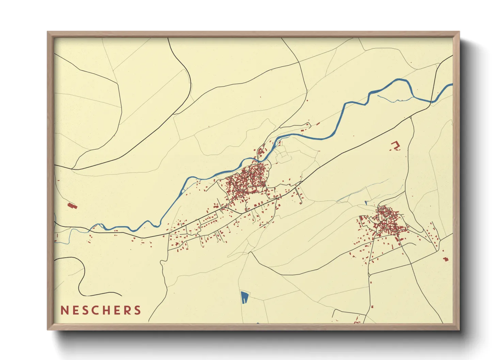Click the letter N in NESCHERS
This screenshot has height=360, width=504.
(64, 310)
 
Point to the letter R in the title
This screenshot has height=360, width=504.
(127, 310)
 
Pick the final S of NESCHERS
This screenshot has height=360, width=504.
(138, 310)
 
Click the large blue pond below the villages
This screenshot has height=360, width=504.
(244, 297)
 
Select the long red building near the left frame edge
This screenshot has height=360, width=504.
(72, 206)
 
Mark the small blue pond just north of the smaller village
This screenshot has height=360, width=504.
(366, 203)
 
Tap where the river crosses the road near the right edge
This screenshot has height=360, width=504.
(431, 101)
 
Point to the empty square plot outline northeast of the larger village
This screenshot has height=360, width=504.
(283, 157)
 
